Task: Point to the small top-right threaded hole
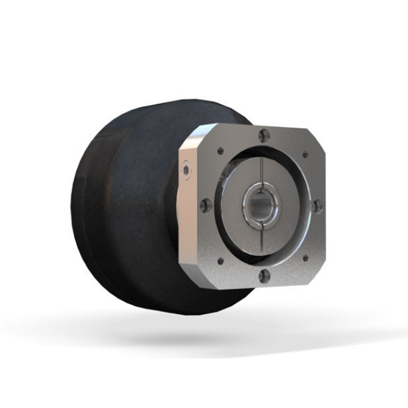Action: click(x=305, y=156)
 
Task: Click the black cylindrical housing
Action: click(x=119, y=212)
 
